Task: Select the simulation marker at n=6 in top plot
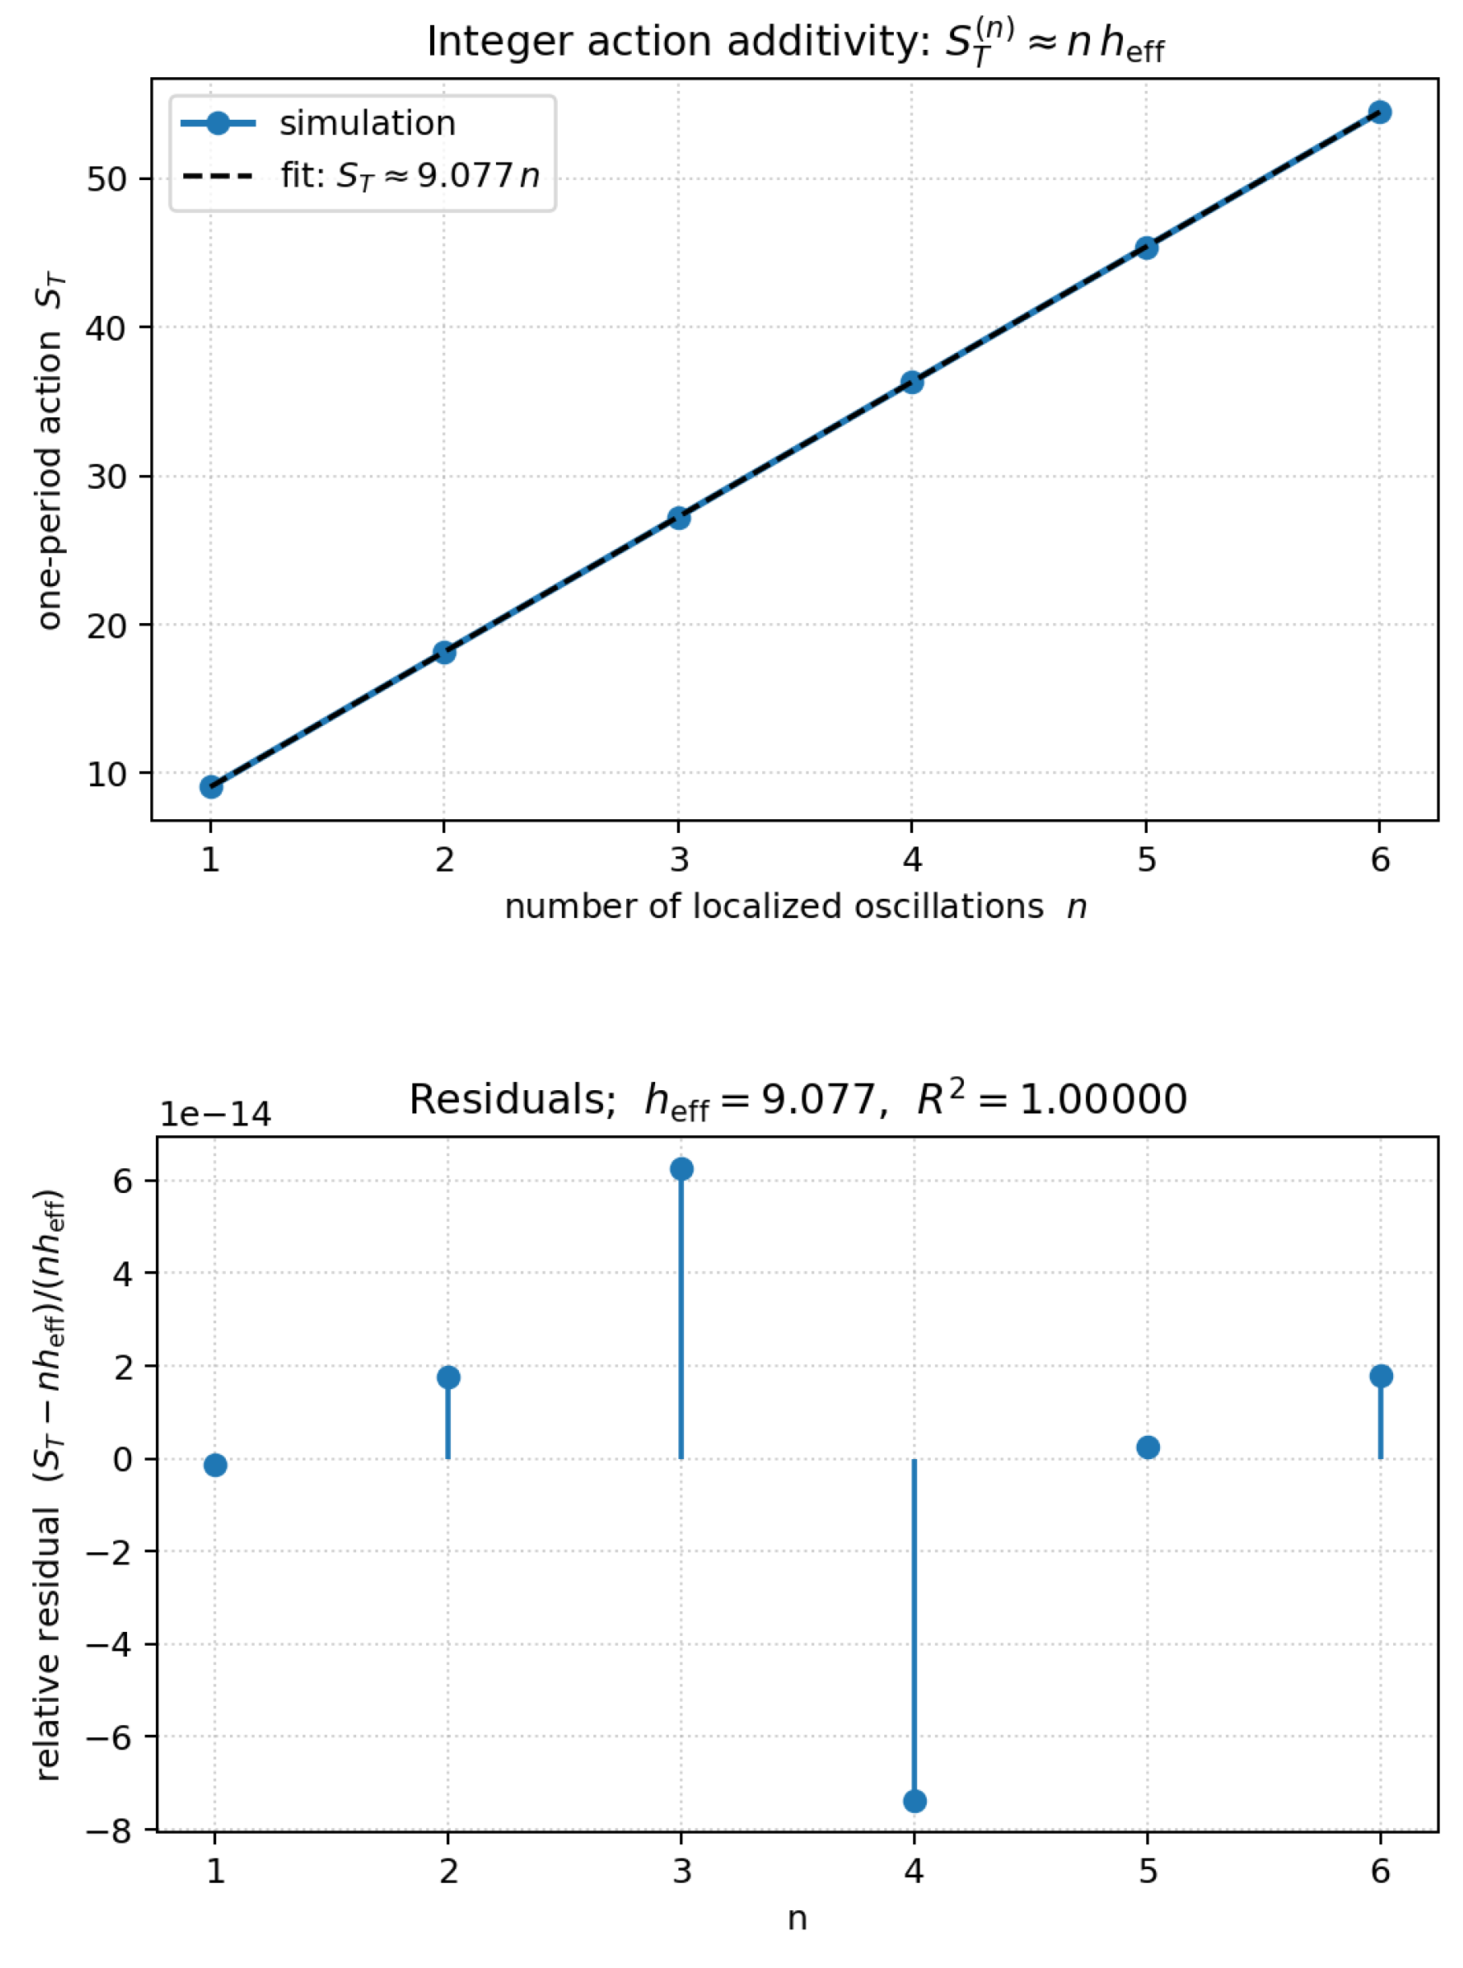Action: (1379, 113)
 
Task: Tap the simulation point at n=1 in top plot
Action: (211, 786)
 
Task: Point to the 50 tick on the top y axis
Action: (106, 180)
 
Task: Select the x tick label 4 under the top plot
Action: (912, 859)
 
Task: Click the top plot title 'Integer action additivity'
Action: (794, 42)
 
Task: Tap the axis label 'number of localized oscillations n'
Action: (794, 907)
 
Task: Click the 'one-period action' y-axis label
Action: (51, 453)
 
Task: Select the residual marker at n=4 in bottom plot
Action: (914, 1801)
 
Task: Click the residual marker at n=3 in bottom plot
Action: (681, 1169)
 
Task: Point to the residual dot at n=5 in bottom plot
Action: (1147, 1447)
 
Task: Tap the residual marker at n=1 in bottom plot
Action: (215, 1466)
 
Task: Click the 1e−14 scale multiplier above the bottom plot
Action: (215, 1114)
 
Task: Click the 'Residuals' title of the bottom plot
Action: (797, 1100)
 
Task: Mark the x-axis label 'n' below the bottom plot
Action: (797, 1918)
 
